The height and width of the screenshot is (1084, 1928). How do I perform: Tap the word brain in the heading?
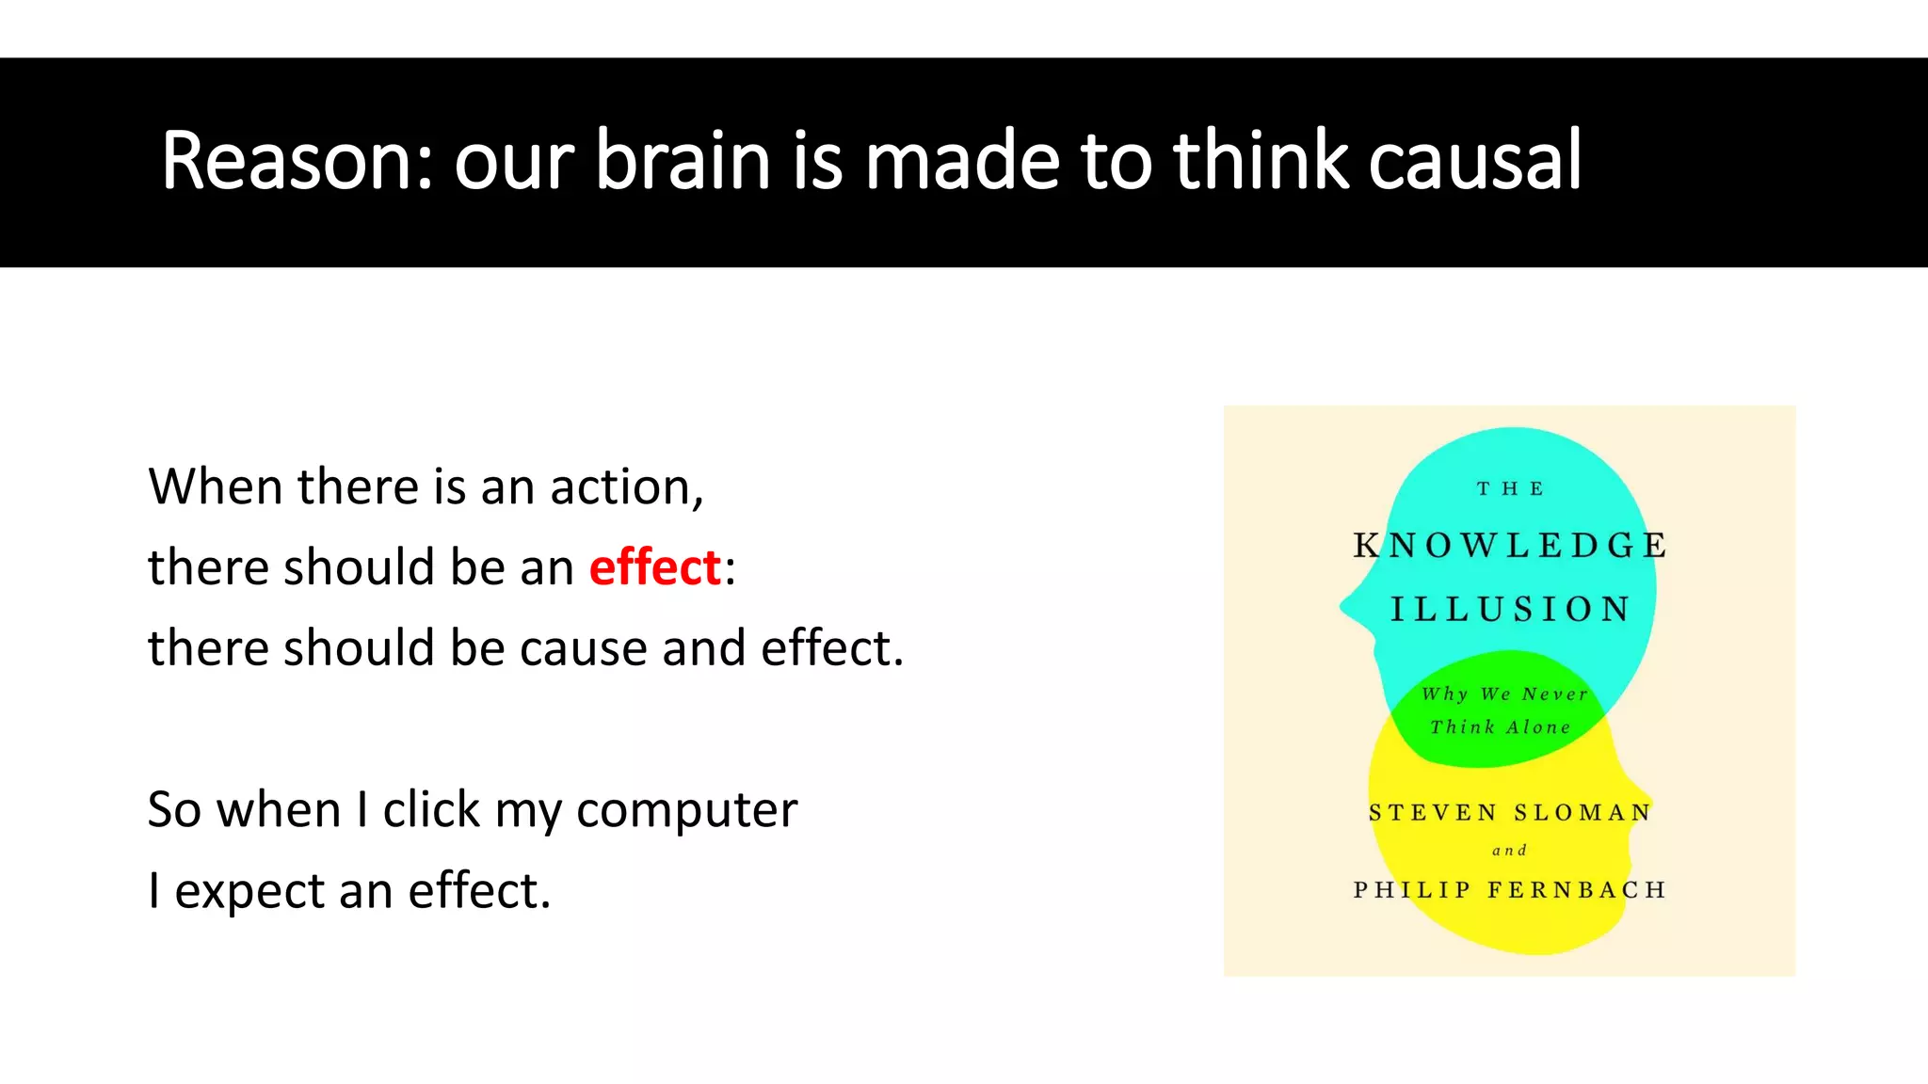click(683, 161)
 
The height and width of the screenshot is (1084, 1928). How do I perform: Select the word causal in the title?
click(1474, 161)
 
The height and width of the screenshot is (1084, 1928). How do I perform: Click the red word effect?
click(654, 567)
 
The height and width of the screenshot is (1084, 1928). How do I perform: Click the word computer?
click(686, 810)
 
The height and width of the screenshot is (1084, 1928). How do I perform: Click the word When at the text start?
click(216, 487)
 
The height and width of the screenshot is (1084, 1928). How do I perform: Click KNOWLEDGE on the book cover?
click(1510, 546)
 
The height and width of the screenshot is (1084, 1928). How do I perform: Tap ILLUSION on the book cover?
click(1510, 610)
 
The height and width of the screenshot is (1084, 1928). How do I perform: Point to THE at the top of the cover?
click(1510, 489)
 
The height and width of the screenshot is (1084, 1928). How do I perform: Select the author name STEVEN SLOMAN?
click(1510, 813)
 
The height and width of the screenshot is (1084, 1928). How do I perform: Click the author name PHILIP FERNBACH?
click(1510, 890)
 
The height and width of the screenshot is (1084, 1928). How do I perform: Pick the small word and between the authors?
click(1509, 851)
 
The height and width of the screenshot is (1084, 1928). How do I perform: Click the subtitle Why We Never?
click(1504, 694)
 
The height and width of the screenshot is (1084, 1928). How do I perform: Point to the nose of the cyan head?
click(1348, 608)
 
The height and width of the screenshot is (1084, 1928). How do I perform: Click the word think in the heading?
click(1262, 161)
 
